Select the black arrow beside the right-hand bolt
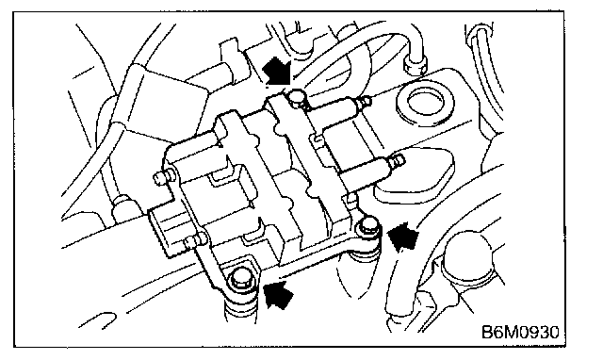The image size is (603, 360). pyautogui.click(x=402, y=236)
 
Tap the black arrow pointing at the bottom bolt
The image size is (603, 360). pyautogui.click(x=280, y=294)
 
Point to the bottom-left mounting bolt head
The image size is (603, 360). pyautogui.click(x=241, y=278)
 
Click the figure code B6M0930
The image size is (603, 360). pyautogui.click(x=520, y=332)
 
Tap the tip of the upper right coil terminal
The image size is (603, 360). pyautogui.click(x=370, y=101)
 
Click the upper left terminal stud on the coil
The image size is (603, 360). pyautogui.click(x=159, y=176)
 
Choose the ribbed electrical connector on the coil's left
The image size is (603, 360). pyautogui.click(x=164, y=231)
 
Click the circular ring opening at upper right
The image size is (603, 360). pyautogui.click(x=424, y=103)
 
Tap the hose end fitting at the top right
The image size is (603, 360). pyautogui.click(x=416, y=64)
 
